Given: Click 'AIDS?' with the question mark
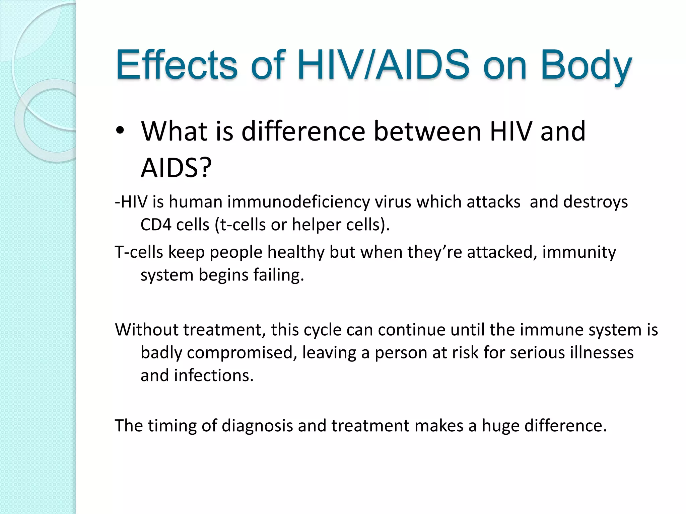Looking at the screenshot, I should tap(176, 168).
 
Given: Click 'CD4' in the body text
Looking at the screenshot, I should tap(155, 225).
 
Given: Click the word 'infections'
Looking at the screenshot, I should tap(214, 375).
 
